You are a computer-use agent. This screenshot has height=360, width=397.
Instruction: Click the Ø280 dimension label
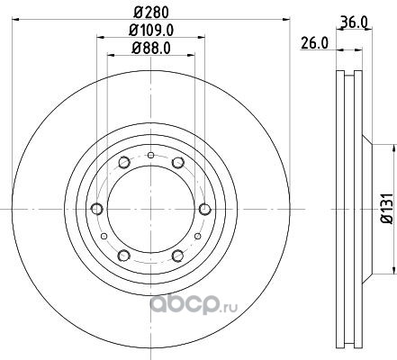pos(151,13)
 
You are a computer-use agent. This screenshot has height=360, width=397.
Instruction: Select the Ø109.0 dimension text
pos(151,31)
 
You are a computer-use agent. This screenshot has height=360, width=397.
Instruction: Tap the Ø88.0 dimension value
pos(151,48)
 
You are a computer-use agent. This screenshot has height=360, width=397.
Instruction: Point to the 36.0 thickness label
pos(355,22)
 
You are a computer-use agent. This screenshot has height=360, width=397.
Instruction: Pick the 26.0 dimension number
pos(314,44)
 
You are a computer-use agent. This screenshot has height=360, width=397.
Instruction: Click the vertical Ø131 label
pos(387,209)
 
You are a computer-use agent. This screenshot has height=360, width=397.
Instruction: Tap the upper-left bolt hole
pos(124,162)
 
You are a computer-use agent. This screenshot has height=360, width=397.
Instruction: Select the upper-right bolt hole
pos(177,162)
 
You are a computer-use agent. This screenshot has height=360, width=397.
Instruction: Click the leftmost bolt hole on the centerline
pos(96,209)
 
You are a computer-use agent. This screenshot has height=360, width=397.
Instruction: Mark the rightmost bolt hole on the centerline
pos(205,209)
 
